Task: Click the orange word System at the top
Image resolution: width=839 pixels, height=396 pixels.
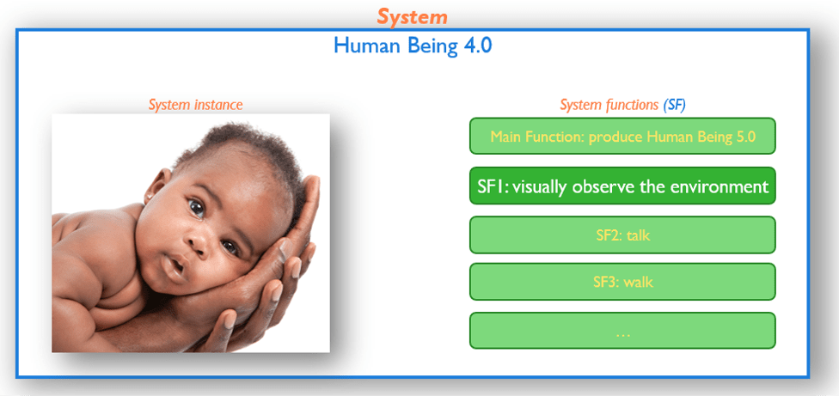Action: [412, 16]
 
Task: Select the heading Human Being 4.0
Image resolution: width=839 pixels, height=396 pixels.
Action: [413, 46]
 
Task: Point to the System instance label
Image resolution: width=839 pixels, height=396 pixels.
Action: [195, 105]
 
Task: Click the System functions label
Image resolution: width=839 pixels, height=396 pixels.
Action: [609, 105]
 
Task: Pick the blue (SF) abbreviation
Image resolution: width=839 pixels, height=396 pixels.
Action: [674, 105]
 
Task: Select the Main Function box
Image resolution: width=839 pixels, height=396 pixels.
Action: [622, 136]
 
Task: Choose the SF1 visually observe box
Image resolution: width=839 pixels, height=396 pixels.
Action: [622, 186]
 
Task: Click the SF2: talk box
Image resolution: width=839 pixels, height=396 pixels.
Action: [622, 235]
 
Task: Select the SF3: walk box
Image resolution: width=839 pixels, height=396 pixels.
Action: [622, 282]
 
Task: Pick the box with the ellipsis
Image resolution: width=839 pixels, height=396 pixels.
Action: [622, 330]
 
